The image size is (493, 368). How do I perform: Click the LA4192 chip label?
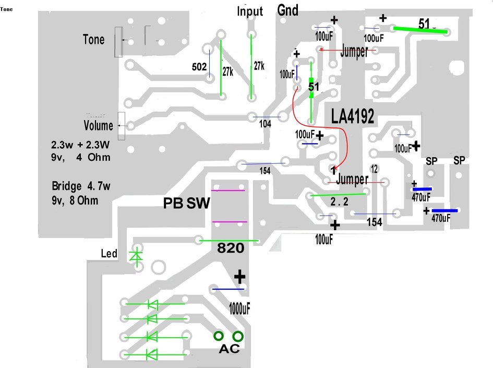tap(353, 117)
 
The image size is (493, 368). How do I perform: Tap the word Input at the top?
tap(250, 11)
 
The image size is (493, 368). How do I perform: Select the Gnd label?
tap(288, 10)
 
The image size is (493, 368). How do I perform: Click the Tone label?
tap(93, 40)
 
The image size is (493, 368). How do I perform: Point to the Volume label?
tap(98, 126)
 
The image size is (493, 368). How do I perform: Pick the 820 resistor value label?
tap(231, 249)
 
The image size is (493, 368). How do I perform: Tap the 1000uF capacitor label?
tap(239, 308)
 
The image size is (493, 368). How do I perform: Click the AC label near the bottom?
tap(229, 349)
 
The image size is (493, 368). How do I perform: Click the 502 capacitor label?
tap(199, 67)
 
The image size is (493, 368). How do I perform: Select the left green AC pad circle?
tap(219, 336)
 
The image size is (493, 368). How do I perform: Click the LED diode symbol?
tap(137, 256)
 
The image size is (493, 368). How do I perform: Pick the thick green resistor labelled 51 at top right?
tap(420, 31)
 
